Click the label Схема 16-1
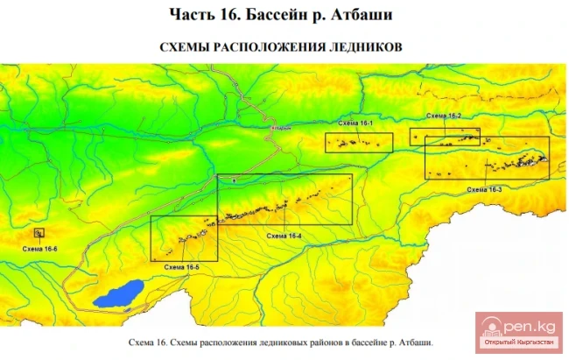click(x=356, y=124)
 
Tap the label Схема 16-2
click(x=444, y=116)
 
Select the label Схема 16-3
click(x=484, y=189)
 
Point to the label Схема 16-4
click(x=284, y=236)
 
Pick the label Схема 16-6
click(x=40, y=250)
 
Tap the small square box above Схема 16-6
click(x=39, y=233)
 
